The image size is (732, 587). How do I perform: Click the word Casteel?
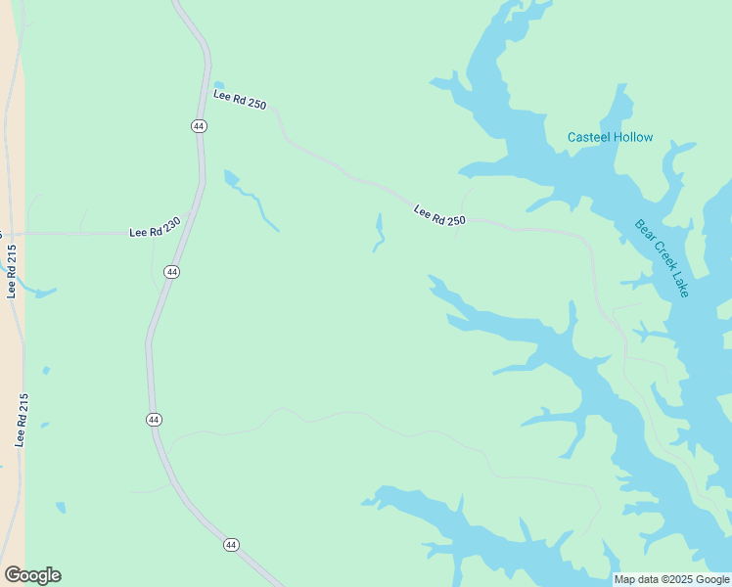[590, 137]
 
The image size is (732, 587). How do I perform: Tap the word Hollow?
[634, 137]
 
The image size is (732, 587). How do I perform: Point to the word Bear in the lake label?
[646, 233]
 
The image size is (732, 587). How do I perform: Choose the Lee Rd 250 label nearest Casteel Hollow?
[439, 215]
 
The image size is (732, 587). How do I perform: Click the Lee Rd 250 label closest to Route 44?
[240, 100]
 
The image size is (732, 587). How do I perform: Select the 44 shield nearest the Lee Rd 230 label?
[171, 271]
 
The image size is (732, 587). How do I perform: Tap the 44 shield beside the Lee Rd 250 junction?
[199, 126]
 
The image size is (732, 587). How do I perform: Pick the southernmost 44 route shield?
[231, 544]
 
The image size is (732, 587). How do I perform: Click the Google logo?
[32, 575]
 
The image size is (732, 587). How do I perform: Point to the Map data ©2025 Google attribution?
[671, 579]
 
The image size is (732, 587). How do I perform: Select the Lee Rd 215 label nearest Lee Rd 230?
[12, 270]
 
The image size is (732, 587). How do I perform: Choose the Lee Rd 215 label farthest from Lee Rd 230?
[21, 421]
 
